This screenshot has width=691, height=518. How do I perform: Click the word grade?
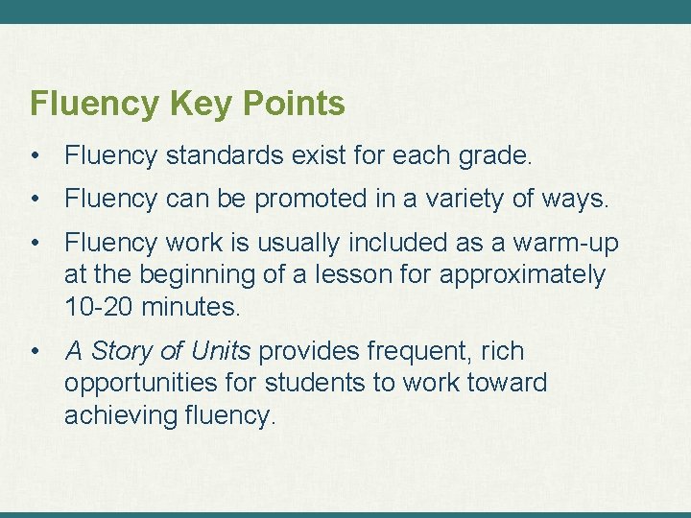pyautogui.click(x=497, y=154)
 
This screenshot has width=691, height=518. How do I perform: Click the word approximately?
pyautogui.click(x=522, y=275)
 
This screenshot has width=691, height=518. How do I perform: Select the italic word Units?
pyautogui.click(x=218, y=352)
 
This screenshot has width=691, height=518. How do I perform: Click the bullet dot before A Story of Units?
pyautogui.click(x=36, y=352)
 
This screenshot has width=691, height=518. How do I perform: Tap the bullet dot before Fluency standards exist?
pyautogui.click(x=36, y=154)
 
